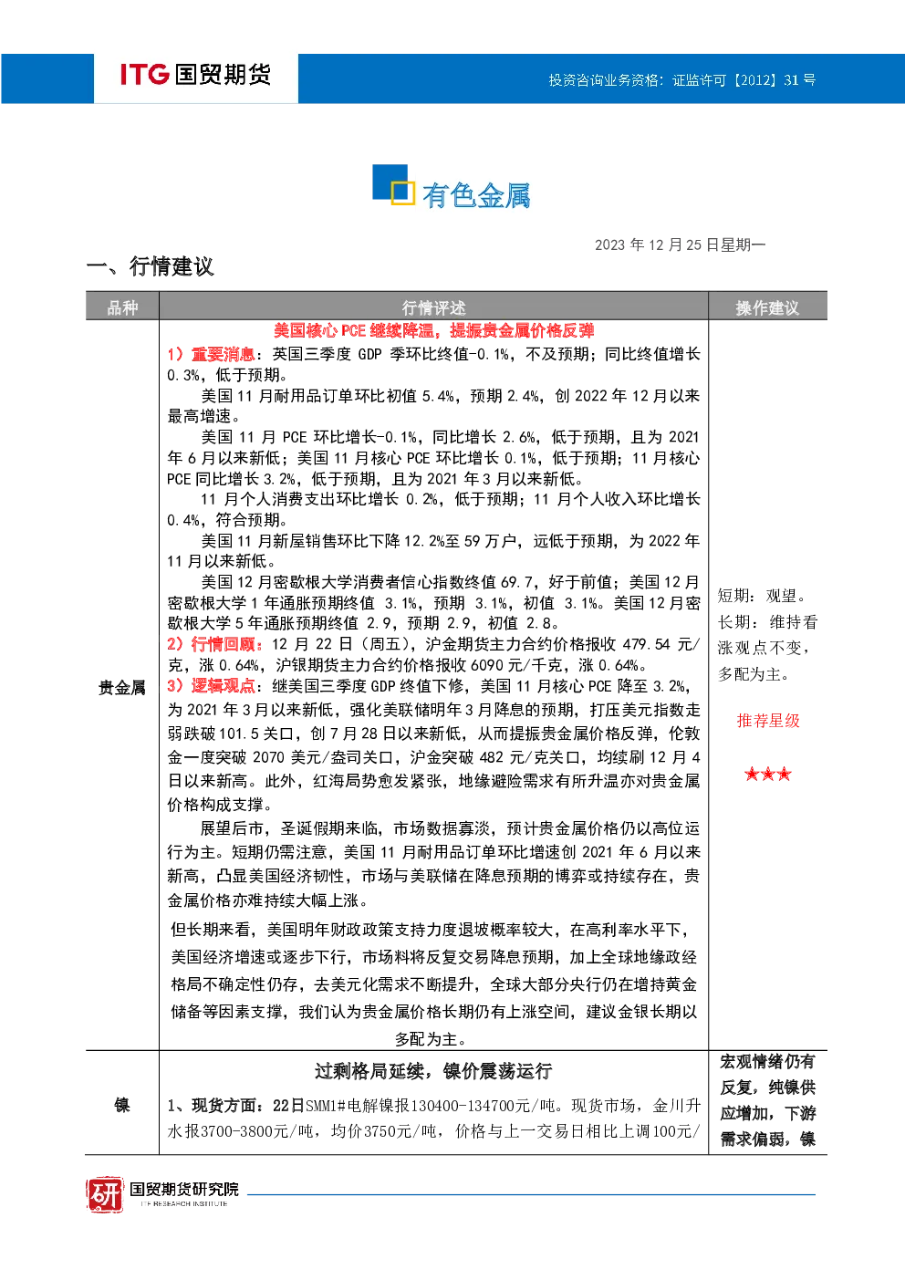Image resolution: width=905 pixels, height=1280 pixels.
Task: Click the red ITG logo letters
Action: (x=144, y=74)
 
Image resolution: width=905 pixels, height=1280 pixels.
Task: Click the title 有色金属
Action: (x=476, y=195)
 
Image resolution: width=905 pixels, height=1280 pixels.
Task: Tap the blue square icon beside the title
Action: (x=392, y=184)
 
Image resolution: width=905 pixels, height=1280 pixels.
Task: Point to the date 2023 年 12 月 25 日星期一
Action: (x=680, y=245)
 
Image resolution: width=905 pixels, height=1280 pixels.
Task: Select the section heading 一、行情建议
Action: (x=150, y=266)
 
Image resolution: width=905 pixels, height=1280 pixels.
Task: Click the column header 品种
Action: (x=122, y=308)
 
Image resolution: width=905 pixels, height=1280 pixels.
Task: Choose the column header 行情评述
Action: (x=433, y=308)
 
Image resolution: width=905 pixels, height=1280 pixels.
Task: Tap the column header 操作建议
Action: (x=767, y=308)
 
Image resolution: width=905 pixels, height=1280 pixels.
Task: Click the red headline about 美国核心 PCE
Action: (x=433, y=330)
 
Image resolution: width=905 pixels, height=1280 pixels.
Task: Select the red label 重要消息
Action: (x=223, y=354)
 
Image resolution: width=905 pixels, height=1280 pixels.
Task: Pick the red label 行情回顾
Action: (x=223, y=645)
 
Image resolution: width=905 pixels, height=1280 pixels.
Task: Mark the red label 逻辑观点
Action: (x=223, y=686)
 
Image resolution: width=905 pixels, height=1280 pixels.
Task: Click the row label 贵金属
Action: (x=121, y=687)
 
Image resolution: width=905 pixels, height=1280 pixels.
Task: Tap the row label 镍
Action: (x=121, y=1105)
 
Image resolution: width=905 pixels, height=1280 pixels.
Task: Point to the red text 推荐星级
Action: (x=768, y=721)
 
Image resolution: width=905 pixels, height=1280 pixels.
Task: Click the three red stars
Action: (x=768, y=775)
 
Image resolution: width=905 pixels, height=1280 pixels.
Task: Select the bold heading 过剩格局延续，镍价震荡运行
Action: (x=433, y=1071)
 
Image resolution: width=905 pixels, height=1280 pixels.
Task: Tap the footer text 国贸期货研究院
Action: (x=184, y=1189)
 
